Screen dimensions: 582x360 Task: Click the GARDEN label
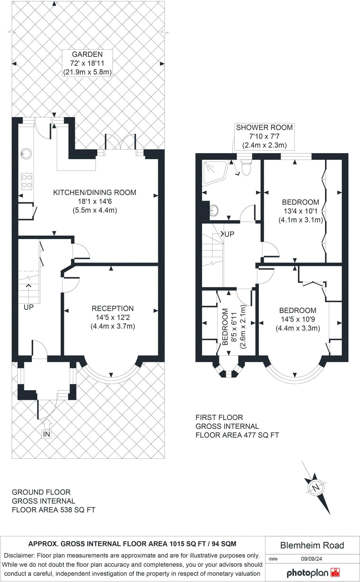pos(87,54)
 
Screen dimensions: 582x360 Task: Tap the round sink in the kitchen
pos(24,154)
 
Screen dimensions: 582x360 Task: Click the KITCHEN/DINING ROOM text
pos(95,192)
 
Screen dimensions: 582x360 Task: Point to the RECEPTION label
pos(113,308)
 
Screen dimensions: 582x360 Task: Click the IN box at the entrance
pos(47,434)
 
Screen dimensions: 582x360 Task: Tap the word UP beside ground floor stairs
pos(28,307)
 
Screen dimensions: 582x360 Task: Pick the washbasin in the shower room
pos(214,211)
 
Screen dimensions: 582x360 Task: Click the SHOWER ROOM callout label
pos(264,127)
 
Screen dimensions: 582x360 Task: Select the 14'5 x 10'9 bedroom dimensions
pos(298,319)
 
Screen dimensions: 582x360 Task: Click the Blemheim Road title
pos(312,545)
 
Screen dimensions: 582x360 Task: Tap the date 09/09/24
pos(311,559)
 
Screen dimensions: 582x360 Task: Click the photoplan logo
pos(313,573)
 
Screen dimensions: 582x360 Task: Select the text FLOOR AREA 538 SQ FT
pos(53,510)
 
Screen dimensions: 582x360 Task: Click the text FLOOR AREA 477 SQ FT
pos(237,435)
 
